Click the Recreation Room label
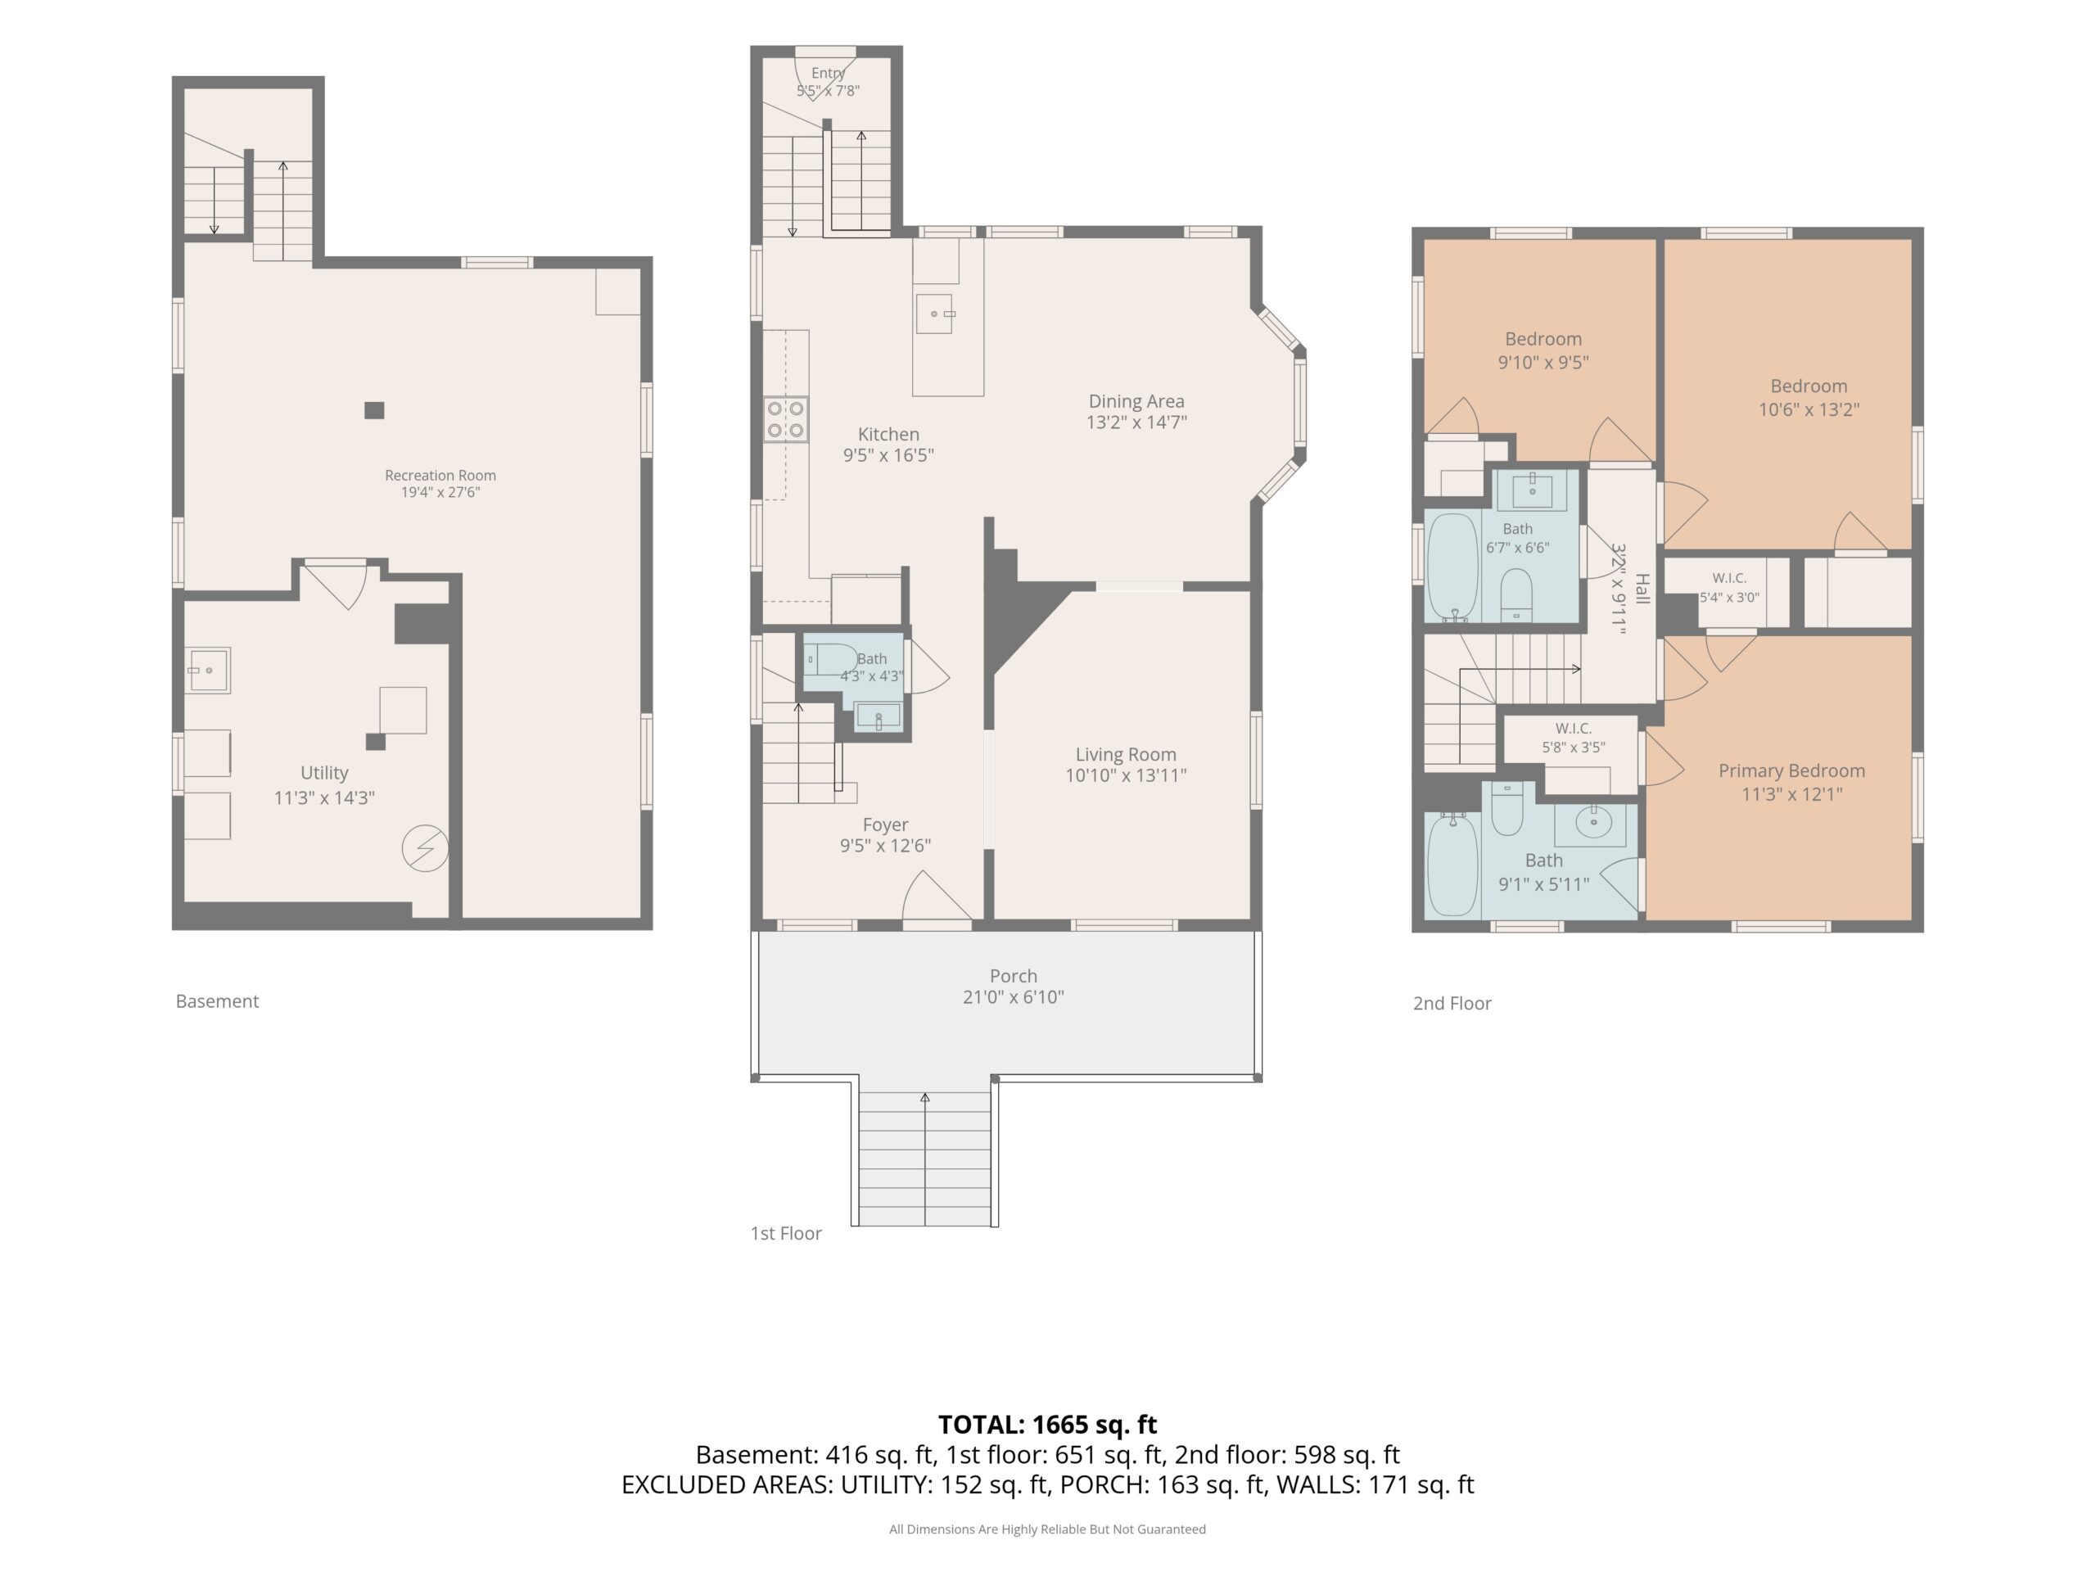click(x=440, y=476)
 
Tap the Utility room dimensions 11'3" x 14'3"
click(x=324, y=797)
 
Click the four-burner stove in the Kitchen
click(x=787, y=420)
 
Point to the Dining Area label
click(x=1136, y=402)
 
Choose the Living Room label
click(x=1126, y=755)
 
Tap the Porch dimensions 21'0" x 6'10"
click(x=1013, y=997)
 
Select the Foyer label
click(x=885, y=825)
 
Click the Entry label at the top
click(x=827, y=73)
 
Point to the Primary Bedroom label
click(x=1791, y=771)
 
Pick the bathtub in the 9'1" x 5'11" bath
click(x=1452, y=866)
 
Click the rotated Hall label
click(x=1642, y=589)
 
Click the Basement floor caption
click(x=217, y=1001)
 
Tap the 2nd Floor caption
click(x=1452, y=1004)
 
